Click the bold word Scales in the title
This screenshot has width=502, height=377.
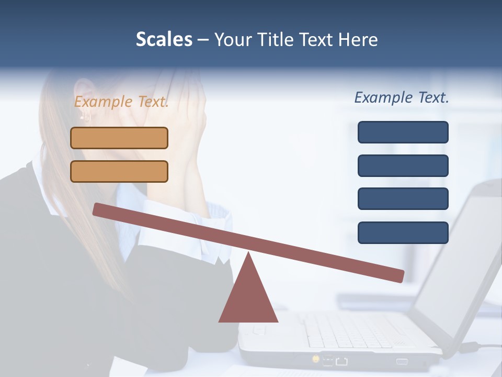(x=164, y=40)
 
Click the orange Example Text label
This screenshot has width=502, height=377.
(x=121, y=102)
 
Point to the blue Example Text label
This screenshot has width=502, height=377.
(x=402, y=97)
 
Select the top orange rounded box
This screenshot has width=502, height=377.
(x=119, y=138)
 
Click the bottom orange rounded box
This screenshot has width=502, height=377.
(x=119, y=171)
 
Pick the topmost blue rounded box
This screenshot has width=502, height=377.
(x=403, y=132)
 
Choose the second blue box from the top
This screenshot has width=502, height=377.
(x=403, y=165)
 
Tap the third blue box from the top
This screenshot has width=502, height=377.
(x=403, y=199)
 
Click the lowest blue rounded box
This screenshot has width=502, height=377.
(x=403, y=232)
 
